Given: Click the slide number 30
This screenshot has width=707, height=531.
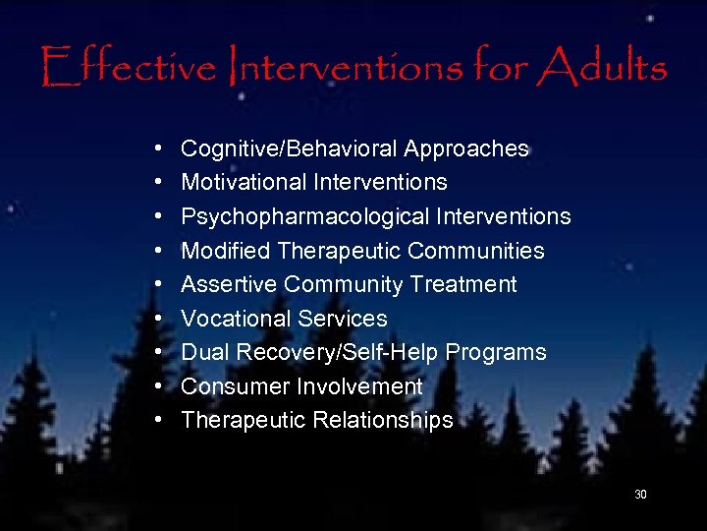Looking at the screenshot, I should pos(640,495).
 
